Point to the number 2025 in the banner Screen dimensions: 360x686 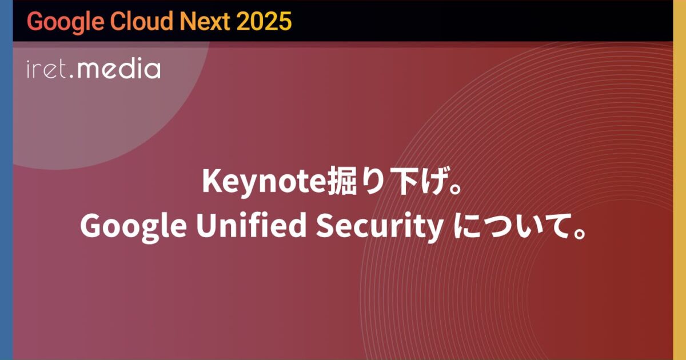click(264, 22)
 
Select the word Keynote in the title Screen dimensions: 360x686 click(263, 183)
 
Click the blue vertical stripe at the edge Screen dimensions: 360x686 click(6, 180)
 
